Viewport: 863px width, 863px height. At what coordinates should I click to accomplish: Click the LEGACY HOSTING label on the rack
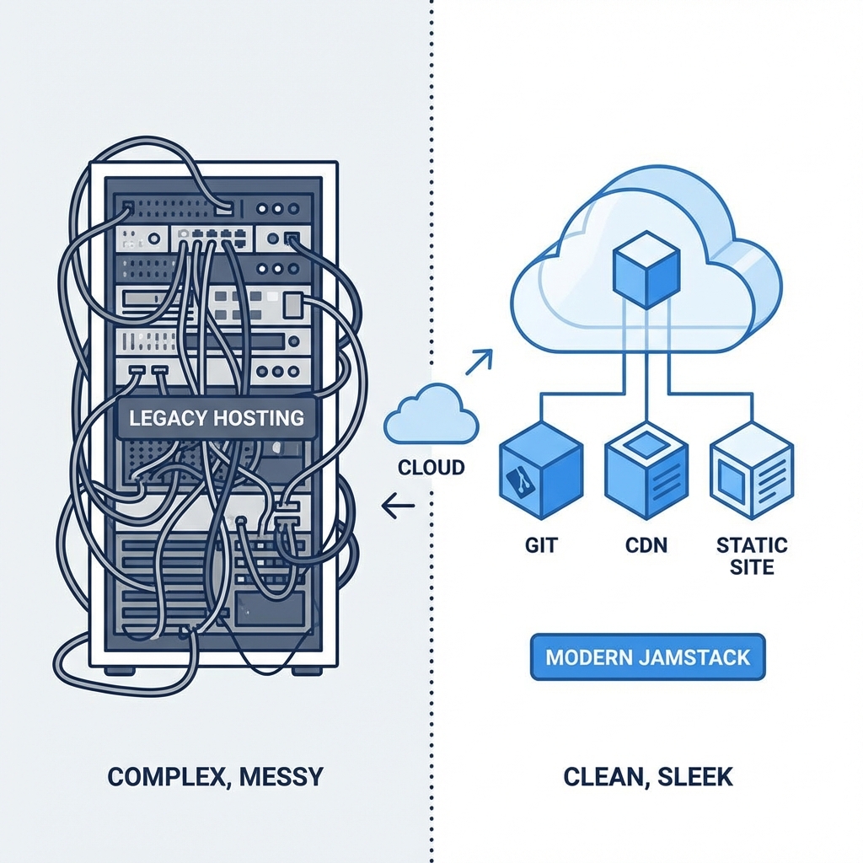[x=216, y=416]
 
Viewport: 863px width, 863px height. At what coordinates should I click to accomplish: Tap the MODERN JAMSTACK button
[x=647, y=657]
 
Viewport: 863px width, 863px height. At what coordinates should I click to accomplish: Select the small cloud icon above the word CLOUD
[x=431, y=415]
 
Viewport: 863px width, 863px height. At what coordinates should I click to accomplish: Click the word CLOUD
[x=431, y=467]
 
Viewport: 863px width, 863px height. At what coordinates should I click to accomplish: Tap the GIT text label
[x=540, y=544]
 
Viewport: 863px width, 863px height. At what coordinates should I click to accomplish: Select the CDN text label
[x=646, y=544]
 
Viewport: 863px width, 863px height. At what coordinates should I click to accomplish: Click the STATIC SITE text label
[x=752, y=555]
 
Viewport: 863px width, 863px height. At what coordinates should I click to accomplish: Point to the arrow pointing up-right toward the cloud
[x=480, y=361]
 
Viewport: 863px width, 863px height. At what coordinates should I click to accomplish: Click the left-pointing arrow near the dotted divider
[x=398, y=507]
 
